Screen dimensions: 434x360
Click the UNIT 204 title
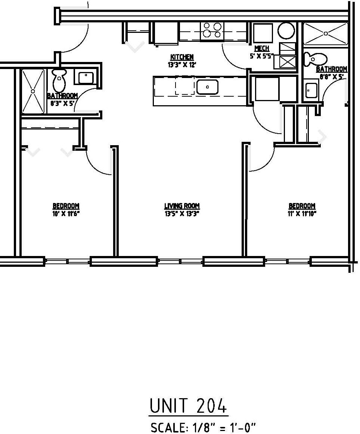[188, 406]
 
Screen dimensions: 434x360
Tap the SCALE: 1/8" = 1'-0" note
[204, 427]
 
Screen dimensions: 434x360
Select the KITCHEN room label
[182, 57]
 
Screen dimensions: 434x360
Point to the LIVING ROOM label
[182, 206]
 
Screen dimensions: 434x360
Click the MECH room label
[261, 49]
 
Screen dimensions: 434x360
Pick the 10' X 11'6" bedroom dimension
[66, 214]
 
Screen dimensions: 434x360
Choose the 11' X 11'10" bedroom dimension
[302, 214]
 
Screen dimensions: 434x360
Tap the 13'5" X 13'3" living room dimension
[182, 214]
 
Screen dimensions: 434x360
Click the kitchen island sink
[207, 87]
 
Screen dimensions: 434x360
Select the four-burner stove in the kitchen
[212, 30]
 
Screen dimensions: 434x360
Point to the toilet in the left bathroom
[59, 80]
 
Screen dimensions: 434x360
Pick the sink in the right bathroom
[311, 90]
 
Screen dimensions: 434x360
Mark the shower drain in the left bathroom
[33, 91]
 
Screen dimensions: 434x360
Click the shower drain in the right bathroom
[326, 34]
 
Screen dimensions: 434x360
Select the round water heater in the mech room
[286, 31]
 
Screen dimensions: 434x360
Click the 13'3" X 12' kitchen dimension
[182, 64]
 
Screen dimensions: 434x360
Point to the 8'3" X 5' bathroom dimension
[63, 103]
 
